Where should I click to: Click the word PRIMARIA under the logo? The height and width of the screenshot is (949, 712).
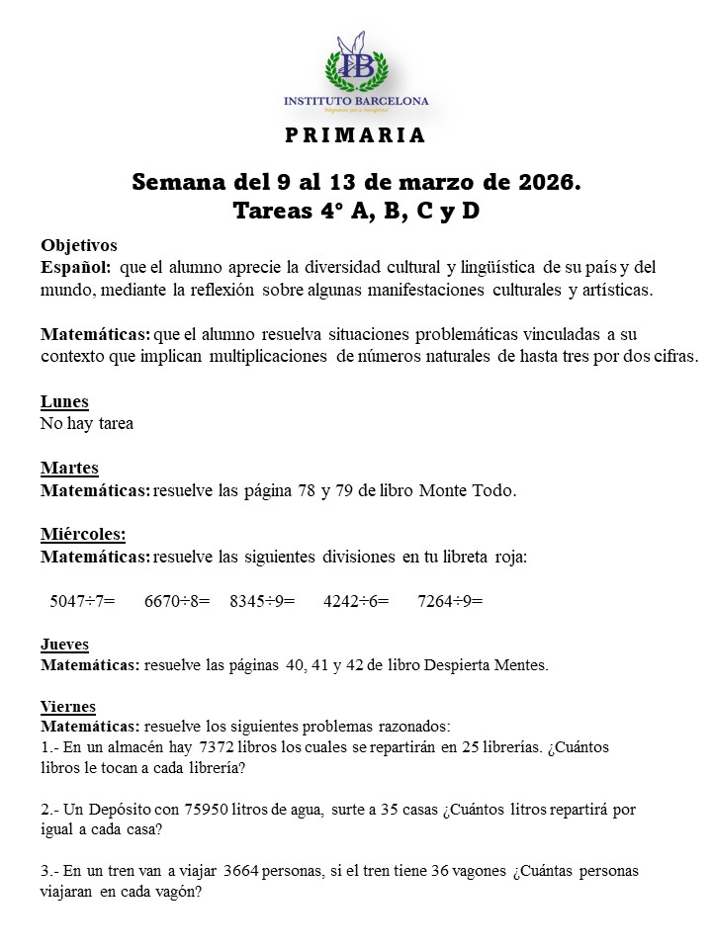tap(355, 135)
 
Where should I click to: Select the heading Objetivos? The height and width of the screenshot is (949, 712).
tap(79, 245)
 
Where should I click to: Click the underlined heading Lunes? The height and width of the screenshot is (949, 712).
tap(64, 401)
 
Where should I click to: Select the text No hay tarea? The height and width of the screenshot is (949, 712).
tap(87, 424)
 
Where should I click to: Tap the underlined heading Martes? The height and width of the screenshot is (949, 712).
tap(69, 468)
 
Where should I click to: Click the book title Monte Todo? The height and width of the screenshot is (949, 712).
tap(468, 490)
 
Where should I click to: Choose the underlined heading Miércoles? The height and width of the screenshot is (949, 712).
tap(83, 534)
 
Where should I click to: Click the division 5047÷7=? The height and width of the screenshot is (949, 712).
tap(82, 600)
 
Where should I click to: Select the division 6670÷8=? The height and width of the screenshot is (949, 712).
tap(177, 600)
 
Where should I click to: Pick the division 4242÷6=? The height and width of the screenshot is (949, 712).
tap(356, 600)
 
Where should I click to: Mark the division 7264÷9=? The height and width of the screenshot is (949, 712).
tap(450, 600)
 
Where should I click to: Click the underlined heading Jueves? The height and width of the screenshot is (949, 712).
tap(64, 645)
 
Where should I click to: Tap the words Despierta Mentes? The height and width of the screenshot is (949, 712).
tap(486, 665)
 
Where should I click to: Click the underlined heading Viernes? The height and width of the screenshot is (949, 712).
tap(68, 706)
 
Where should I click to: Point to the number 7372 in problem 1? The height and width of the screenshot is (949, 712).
tap(220, 747)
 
